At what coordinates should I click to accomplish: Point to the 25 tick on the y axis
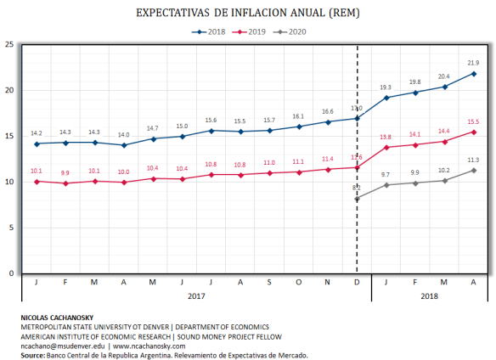[x=8, y=44]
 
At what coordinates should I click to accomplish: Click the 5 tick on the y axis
[x=10, y=228]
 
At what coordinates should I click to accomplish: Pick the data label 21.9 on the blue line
[x=473, y=63]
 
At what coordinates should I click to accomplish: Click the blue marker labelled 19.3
[x=386, y=98]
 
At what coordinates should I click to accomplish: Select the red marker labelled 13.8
[x=386, y=148]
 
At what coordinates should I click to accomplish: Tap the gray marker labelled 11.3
[x=473, y=171]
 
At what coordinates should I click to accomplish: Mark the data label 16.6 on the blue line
[x=327, y=111]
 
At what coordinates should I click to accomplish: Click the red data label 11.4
[x=327, y=159]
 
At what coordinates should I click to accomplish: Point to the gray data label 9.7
[x=386, y=174]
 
